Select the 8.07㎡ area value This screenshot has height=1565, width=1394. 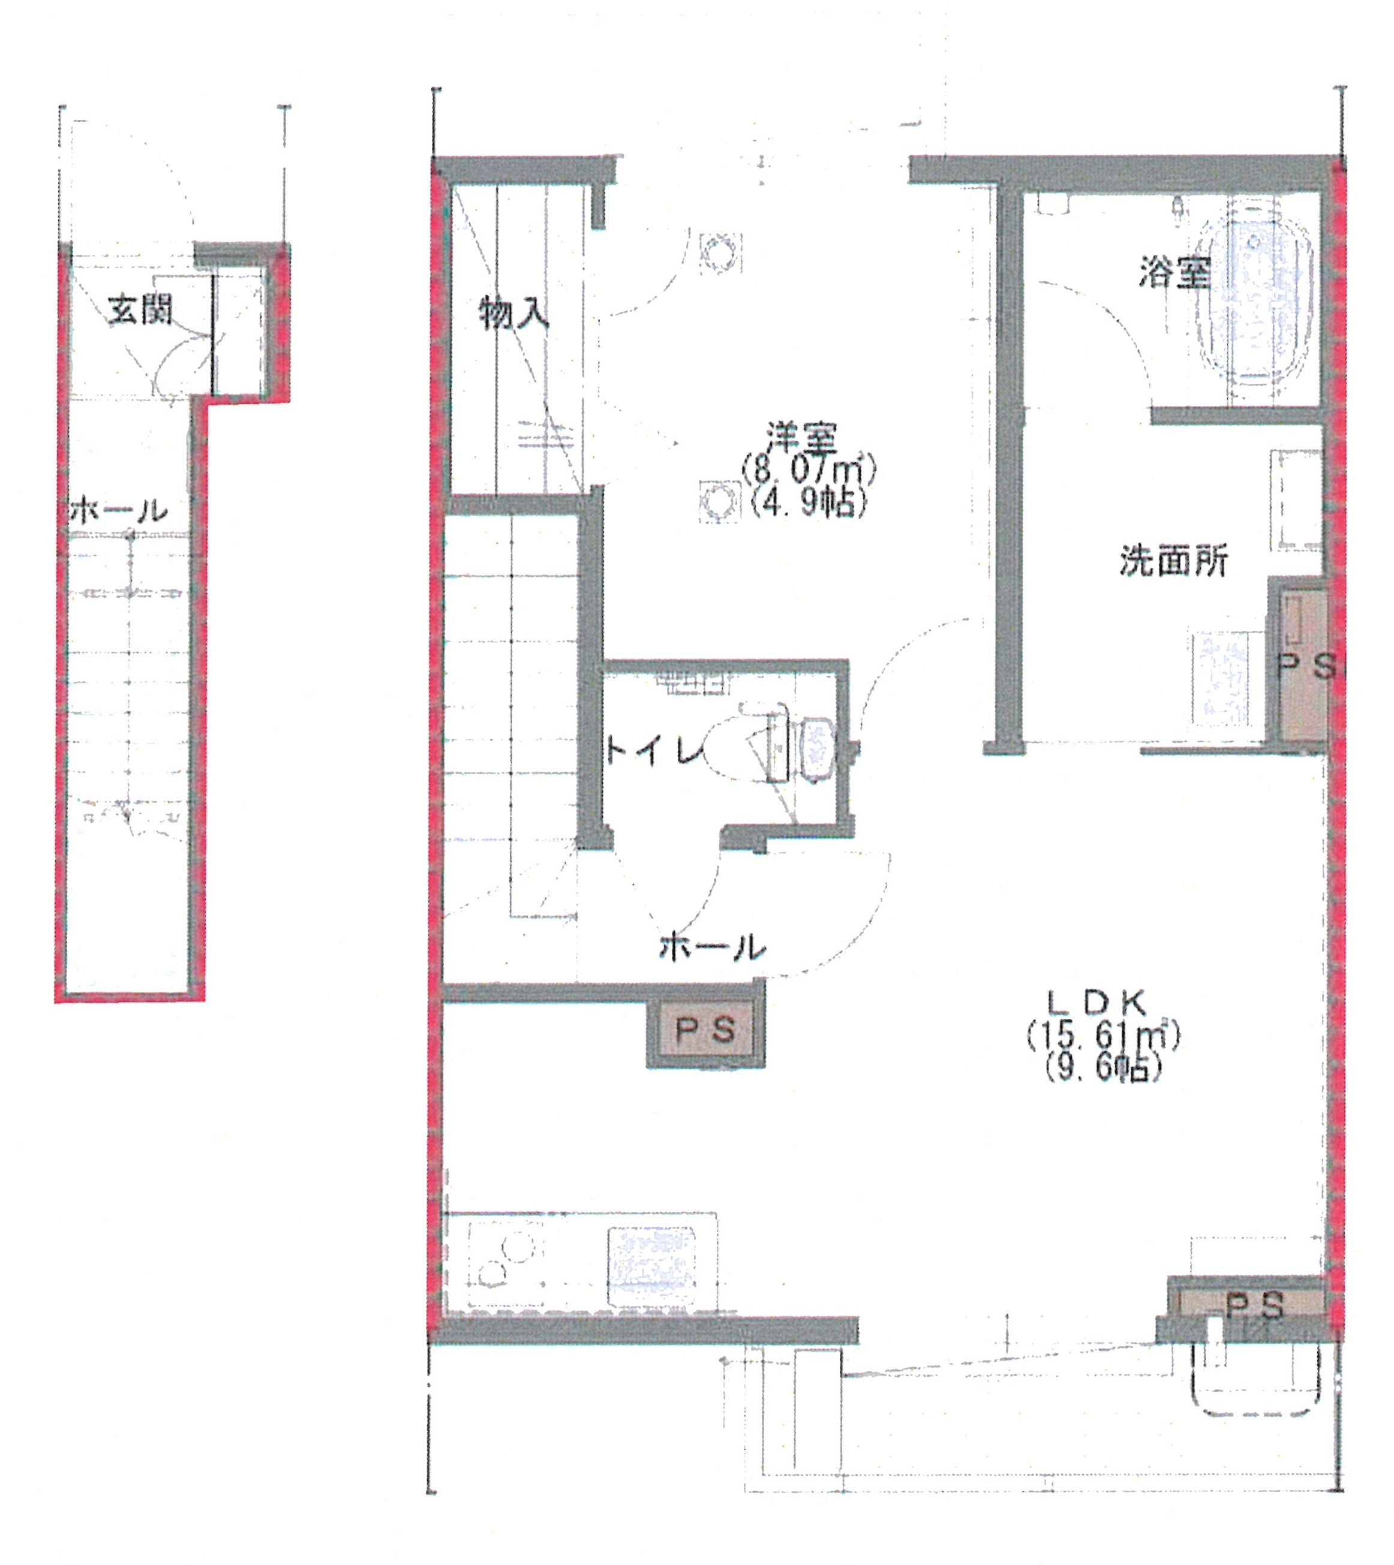click(807, 469)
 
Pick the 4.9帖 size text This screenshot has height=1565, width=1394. click(809, 502)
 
